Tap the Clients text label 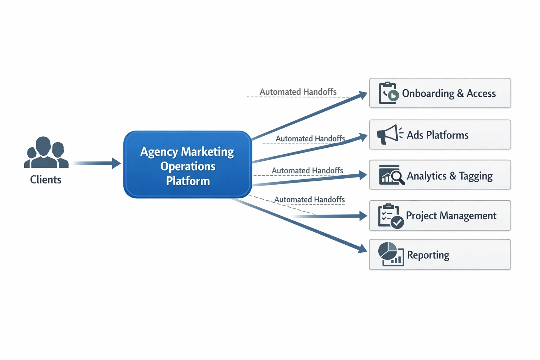tap(46, 180)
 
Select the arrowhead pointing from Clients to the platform tap(116, 163)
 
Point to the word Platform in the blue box tap(188, 181)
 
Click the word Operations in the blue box tap(188, 166)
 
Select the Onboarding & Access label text tap(449, 94)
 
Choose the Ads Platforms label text tap(437, 135)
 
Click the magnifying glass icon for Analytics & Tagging tap(397, 176)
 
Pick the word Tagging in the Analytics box tap(476, 176)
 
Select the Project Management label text tap(451, 216)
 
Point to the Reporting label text tap(428, 255)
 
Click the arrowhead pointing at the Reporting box tap(362, 249)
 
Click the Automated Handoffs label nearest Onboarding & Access tap(298, 92)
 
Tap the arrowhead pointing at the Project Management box tap(363, 216)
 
